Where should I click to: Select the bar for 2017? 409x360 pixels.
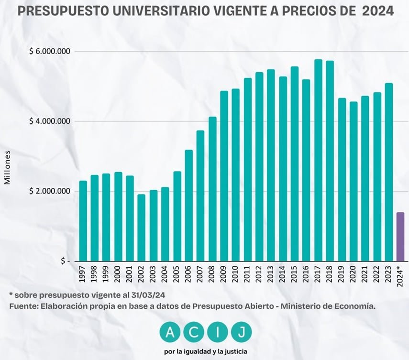coord(318,160)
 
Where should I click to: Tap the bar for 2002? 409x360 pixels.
coord(141,228)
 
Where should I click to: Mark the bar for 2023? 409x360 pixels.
coord(388,172)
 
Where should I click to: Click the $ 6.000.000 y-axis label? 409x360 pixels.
coord(50,52)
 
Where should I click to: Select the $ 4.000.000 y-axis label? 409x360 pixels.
coord(50,121)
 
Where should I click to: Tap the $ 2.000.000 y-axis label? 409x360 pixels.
coord(50,191)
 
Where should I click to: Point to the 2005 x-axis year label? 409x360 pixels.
coord(177,276)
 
